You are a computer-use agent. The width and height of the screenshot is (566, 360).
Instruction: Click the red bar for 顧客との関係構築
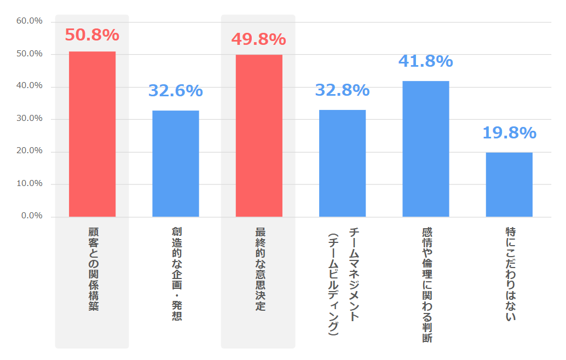92,134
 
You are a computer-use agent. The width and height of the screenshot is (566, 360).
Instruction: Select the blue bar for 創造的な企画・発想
175,164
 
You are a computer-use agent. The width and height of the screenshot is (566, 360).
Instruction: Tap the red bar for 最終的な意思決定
259,136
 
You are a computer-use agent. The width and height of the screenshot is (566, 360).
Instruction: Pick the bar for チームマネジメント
342,163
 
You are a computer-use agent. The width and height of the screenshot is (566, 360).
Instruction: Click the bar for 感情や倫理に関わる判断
426,149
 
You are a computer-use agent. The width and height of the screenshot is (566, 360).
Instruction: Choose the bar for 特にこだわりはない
509,184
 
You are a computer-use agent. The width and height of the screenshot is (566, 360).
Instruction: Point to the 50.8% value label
92,35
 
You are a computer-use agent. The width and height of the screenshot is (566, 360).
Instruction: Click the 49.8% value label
258,39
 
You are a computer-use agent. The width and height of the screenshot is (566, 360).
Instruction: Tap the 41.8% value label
425,61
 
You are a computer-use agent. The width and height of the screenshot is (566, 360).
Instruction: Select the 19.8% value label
509,133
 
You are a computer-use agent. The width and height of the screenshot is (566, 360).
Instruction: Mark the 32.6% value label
175,91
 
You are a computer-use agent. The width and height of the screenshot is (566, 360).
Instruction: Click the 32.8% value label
342,90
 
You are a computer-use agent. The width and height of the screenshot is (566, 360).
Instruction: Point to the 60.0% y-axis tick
30,21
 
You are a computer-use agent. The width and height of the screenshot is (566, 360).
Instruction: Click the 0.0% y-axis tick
32,216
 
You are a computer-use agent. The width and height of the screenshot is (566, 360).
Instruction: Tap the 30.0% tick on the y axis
30,119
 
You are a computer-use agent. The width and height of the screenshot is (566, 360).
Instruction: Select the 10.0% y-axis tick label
30,184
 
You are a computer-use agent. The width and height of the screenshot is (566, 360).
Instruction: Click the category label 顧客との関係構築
93,269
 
